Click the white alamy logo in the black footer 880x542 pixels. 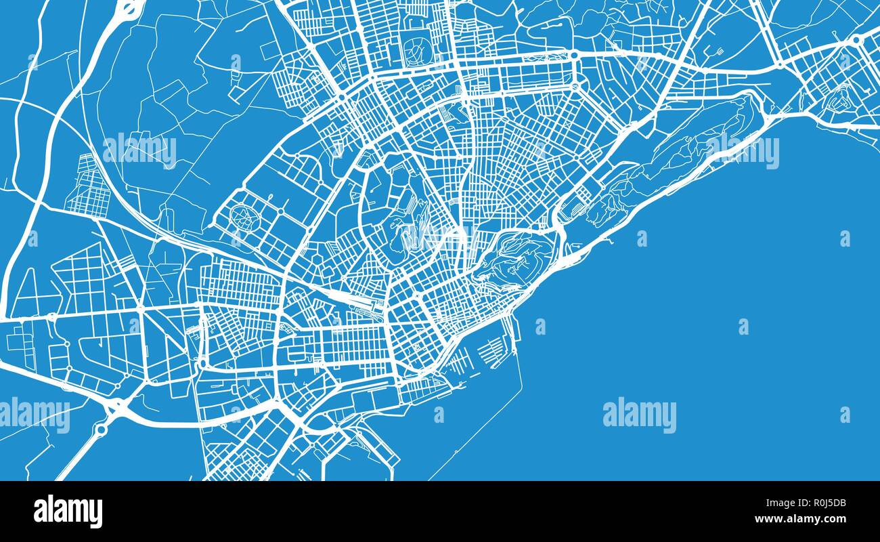68,512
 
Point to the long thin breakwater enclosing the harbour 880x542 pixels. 474,434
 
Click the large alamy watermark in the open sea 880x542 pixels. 639,415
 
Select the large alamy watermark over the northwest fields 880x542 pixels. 139,150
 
